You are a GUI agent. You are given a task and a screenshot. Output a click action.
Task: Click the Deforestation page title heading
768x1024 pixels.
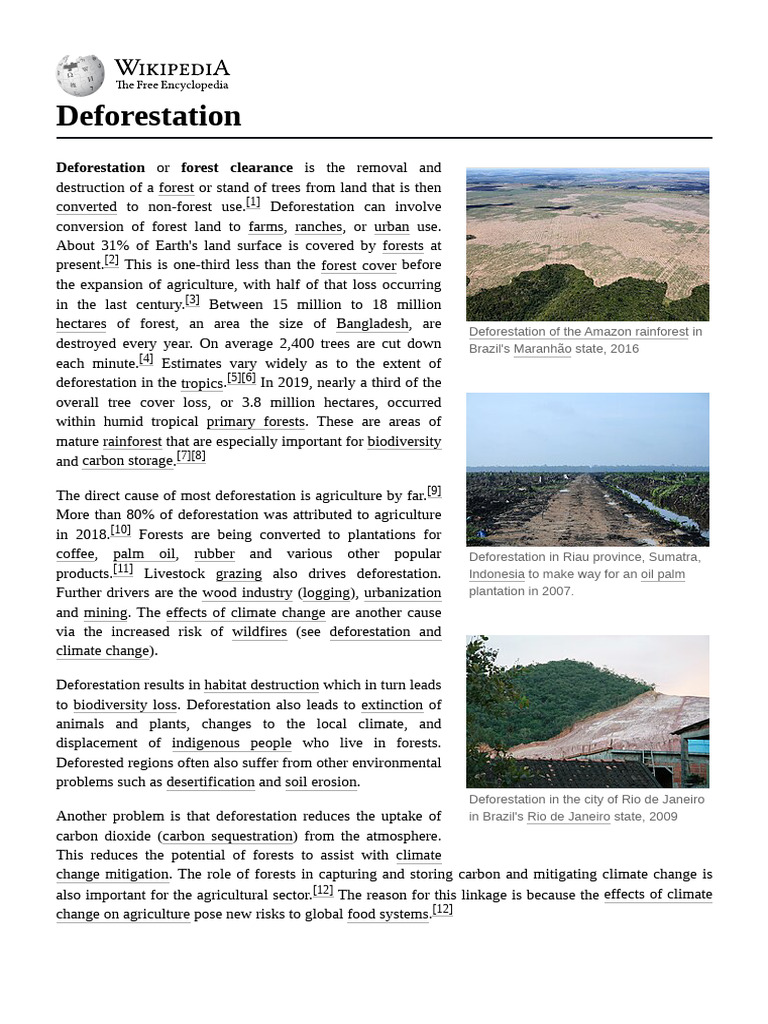148,116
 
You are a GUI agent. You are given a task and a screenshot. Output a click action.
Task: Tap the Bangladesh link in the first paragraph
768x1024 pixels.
372,324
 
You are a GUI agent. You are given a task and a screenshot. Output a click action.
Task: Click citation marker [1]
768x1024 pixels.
253,203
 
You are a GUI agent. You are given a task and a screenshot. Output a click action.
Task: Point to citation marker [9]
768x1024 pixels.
433,491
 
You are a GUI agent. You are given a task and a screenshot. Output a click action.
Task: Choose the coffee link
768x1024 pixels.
76,554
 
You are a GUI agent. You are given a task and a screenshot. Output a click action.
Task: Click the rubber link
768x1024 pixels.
214,554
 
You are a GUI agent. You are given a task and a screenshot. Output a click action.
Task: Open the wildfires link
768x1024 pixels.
259,632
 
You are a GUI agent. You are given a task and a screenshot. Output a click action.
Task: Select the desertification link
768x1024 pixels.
210,782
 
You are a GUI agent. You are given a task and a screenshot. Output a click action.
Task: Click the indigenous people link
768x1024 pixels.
232,743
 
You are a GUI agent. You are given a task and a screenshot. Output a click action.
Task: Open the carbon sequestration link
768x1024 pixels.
228,836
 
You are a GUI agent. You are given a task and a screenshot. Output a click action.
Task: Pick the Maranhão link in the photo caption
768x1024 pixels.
542,349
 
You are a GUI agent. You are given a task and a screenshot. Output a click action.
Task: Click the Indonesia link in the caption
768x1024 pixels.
496,575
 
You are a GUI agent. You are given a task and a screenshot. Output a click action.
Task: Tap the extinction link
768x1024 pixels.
392,705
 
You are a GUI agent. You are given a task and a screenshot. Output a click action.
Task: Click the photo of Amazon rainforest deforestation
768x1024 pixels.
587,244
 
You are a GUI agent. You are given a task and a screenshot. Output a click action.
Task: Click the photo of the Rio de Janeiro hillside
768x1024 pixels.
587,711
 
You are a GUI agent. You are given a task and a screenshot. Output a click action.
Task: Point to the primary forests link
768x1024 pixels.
257,422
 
